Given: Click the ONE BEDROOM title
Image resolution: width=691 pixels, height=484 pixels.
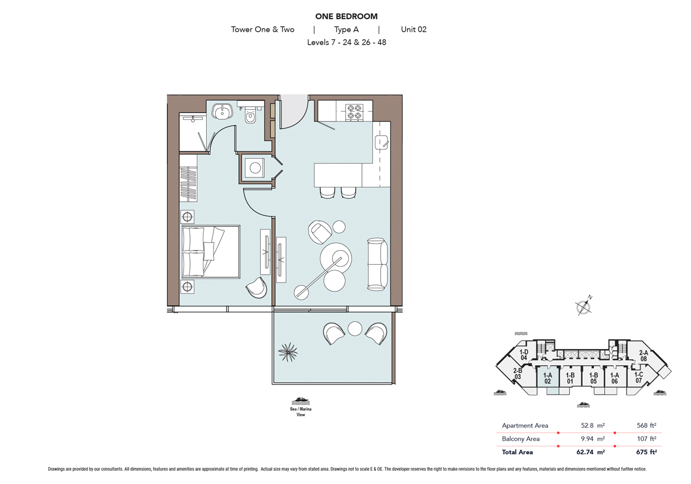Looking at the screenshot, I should click(346, 17).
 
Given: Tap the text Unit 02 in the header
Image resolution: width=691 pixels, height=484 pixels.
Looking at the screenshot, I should click(413, 30).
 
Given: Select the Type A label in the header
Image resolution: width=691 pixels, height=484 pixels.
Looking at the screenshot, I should click(346, 30).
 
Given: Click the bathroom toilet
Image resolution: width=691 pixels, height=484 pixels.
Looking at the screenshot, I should click(250, 116).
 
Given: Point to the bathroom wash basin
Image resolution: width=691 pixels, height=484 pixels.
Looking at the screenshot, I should click(222, 111).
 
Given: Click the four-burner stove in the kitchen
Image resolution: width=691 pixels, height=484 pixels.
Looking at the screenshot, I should click(354, 111).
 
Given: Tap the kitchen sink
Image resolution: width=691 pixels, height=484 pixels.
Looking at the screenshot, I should click(382, 143).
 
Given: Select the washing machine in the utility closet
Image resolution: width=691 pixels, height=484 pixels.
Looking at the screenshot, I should click(254, 168).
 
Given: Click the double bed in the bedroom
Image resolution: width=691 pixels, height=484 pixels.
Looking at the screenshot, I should click(210, 252).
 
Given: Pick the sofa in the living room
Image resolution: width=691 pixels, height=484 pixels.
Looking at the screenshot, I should click(377, 264).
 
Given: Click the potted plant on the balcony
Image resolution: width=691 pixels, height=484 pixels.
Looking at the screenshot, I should click(288, 352).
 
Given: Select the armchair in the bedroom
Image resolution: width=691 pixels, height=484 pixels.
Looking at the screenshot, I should click(257, 288).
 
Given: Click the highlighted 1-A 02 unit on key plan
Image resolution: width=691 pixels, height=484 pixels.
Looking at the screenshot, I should click(547, 378).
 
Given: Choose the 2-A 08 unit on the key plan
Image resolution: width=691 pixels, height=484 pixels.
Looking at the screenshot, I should click(643, 356).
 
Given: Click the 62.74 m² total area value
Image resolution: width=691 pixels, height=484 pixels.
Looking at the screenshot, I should click(590, 452).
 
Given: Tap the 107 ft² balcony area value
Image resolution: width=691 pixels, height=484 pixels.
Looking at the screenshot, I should click(646, 439).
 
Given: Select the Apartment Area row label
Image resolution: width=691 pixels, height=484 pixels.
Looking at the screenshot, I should click(525, 425).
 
